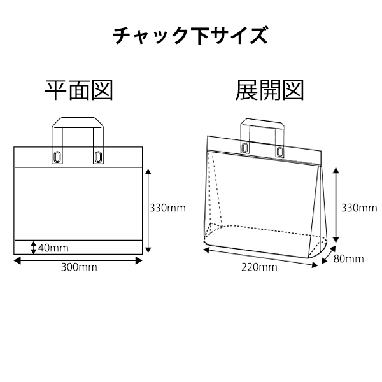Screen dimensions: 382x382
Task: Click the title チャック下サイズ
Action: (x=190, y=36)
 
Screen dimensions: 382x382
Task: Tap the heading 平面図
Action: (x=79, y=90)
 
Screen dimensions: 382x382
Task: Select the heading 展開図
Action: (x=269, y=90)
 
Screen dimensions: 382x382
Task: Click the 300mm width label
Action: (x=79, y=267)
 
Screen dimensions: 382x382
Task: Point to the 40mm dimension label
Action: (x=53, y=248)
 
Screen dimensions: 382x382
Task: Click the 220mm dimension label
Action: (x=259, y=267)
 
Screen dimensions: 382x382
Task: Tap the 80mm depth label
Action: (x=348, y=258)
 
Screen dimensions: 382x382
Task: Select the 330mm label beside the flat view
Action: (x=167, y=208)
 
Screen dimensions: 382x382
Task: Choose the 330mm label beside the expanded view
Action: (x=359, y=208)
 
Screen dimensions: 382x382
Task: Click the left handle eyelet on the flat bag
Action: (x=57, y=157)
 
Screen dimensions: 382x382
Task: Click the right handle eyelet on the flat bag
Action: (x=98, y=157)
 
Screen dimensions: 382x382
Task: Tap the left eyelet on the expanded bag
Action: (x=244, y=148)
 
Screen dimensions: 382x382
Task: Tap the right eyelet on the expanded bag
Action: (x=279, y=152)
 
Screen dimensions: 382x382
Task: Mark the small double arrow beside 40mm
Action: (x=34, y=248)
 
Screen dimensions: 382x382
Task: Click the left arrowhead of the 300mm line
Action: (x=17, y=261)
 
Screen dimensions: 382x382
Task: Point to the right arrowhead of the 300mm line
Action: (x=139, y=261)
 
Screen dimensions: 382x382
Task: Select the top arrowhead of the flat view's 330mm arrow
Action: (x=148, y=171)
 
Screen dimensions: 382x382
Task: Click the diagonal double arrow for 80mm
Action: (x=329, y=255)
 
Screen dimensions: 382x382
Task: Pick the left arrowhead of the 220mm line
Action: (x=206, y=250)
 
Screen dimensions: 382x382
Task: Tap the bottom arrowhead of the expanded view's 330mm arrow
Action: (x=336, y=239)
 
